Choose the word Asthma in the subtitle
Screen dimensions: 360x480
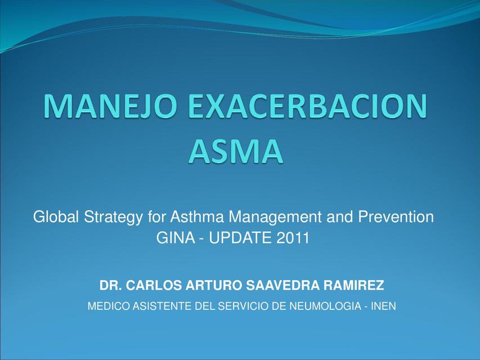click(x=195, y=217)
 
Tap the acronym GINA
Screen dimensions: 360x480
click(x=173, y=238)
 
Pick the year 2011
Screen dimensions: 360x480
click(x=293, y=238)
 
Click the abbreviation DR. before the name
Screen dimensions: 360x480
click(x=111, y=286)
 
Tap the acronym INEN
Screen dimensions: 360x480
click(x=384, y=307)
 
